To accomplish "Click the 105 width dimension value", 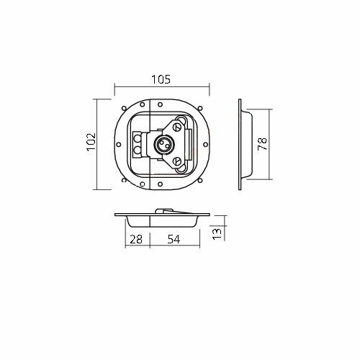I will (161, 80).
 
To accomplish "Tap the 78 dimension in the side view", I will (264, 144).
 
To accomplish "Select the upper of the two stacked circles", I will (137, 138).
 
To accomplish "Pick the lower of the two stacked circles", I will (137, 150).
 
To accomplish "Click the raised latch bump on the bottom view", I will (164, 211).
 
